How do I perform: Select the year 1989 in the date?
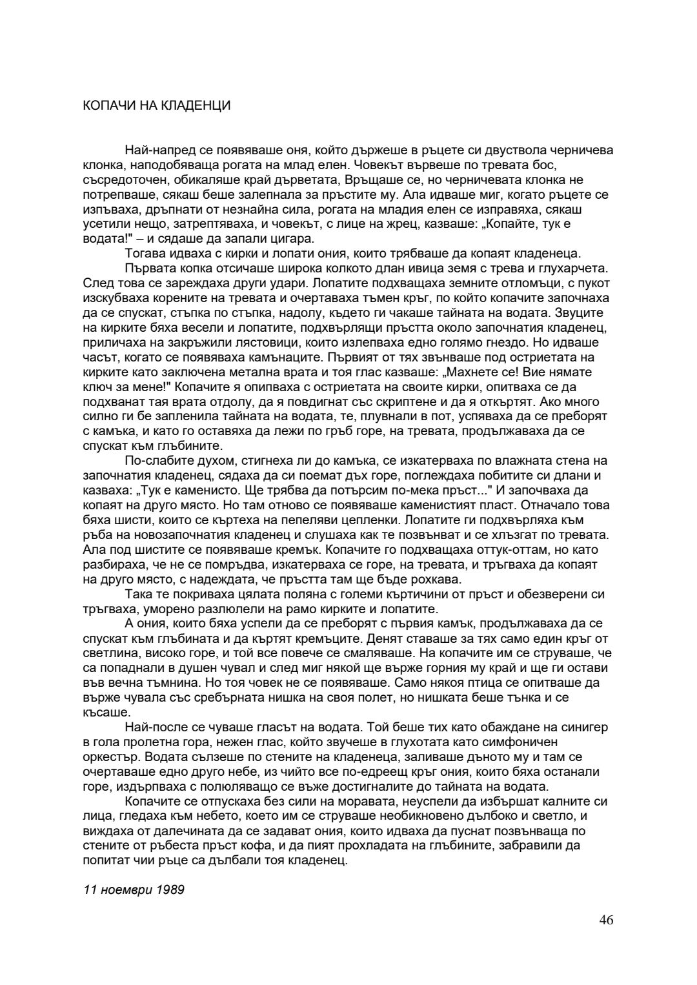point(170,889)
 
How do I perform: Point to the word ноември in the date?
point(125,889)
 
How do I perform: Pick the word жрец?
point(312,225)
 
